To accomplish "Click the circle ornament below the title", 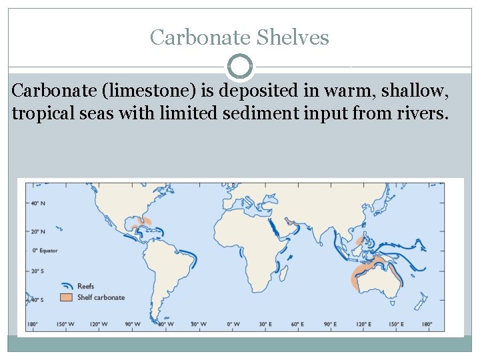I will pos(240,67).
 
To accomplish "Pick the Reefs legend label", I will pos(87,286).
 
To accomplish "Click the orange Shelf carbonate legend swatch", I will pos(66,297).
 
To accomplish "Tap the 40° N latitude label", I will pos(37,203).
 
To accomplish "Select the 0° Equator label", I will pos(45,251).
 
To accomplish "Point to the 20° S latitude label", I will pos(37,271).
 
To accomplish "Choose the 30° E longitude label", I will pos(265,325).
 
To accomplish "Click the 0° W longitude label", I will pos(233,325).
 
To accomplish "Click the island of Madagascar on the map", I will pos(284,273).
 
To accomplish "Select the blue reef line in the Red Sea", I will pos(274,231).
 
